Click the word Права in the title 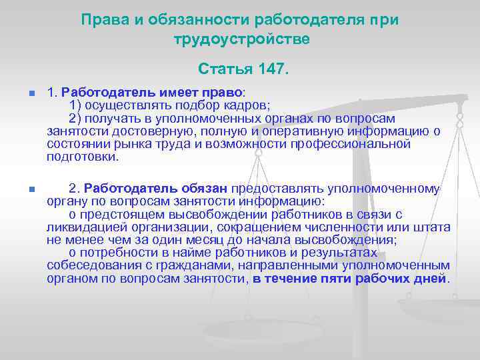click(x=101, y=19)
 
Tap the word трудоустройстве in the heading click(x=242, y=39)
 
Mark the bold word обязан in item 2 click(x=207, y=189)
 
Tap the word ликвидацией click(x=81, y=227)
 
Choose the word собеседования click(x=89, y=265)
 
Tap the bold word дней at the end click(x=433, y=278)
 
